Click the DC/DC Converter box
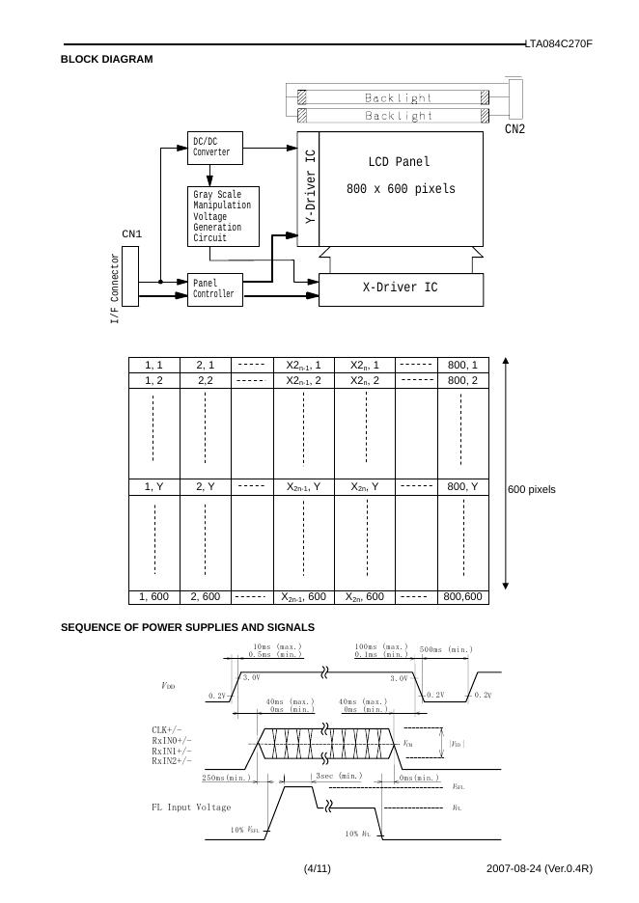pyautogui.click(x=214, y=148)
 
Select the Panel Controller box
pyautogui.click(x=214, y=288)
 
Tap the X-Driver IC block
pyautogui.click(x=400, y=287)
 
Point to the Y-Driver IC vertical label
pyautogui.click(x=309, y=189)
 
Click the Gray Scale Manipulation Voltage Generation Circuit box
pyautogui.click(x=224, y=216)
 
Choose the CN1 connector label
pyautogui.click(x=131, y=233)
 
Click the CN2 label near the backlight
pyautogui.click(x=514, y=129)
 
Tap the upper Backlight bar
pyautogui.click(x=398, y=97)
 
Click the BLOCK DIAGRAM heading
pyautogui.click(x=106, y=60)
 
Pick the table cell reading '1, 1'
pyautogui.click(x=153, y=365)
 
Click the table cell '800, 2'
pyautogui.click(x=462, y=380)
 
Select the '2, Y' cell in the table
pyautogui.click(x=206, y=487)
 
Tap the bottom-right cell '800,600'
pyautogui.click(x=462, y=597)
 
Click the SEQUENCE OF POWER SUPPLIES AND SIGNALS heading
pyautogui.click(x=187, y=628)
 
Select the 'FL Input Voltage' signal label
pyautogui.click(x=191, y=807)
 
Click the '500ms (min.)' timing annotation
pyautogui.click(x=446, y=649)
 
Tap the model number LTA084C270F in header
pyautogui.click(x=558, y=44)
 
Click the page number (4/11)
pyautogui.click(x=318, y=869)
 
